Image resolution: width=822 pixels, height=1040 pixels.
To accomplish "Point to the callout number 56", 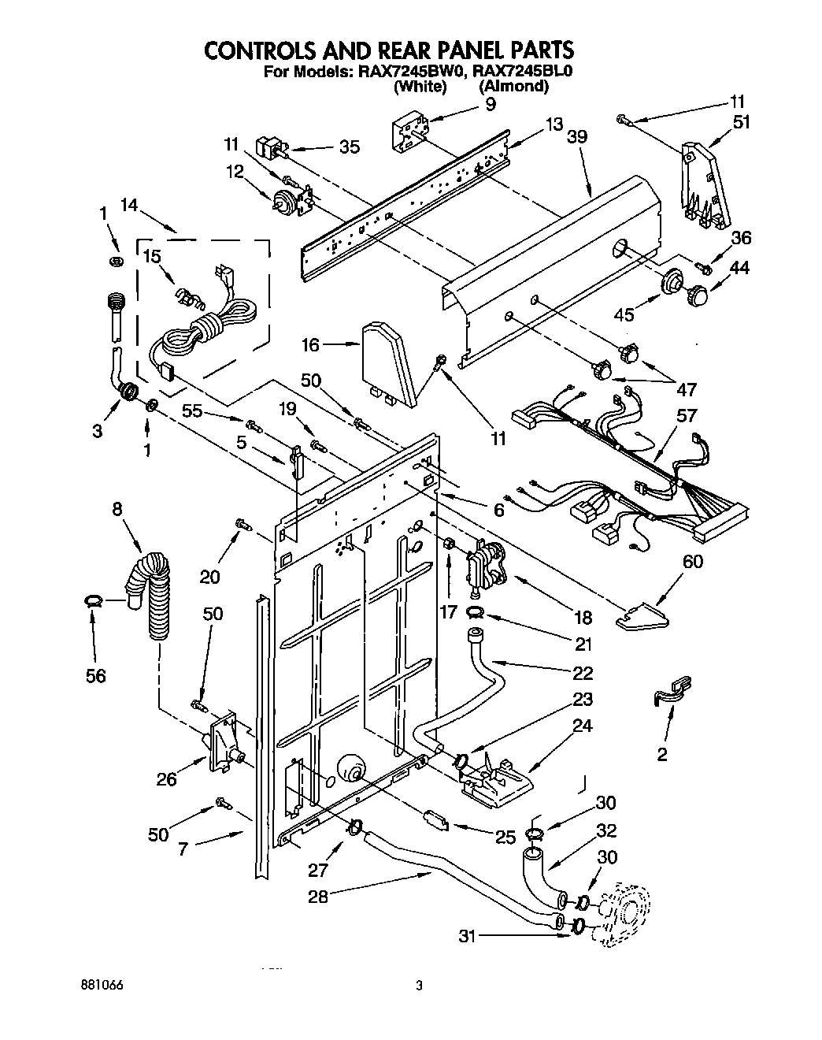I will coord(96,675).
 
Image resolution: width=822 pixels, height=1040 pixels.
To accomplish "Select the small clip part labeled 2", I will coord(672,688).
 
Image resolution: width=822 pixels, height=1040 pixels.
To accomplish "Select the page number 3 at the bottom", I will coord(419,986).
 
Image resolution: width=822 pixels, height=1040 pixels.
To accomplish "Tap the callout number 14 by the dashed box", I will coord(130,206).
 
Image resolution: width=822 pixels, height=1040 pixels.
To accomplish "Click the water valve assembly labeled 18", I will coord(483,566).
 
